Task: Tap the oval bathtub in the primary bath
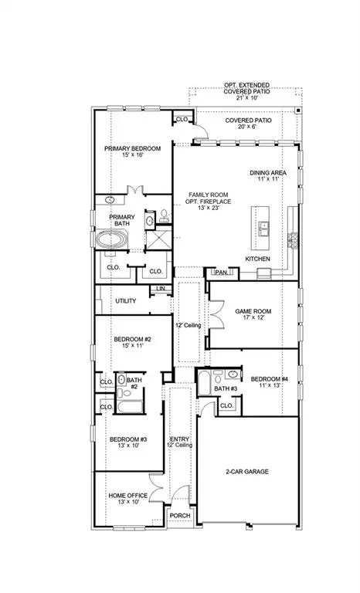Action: click(x=113, y=240)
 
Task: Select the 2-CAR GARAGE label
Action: click(x=246, y=470)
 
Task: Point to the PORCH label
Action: click(x=180, y=516)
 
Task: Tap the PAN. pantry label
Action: click(x=221, y=272)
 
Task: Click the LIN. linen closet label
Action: click(x=161, y=289)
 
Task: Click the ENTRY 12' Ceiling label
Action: click(x=178, y=442)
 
